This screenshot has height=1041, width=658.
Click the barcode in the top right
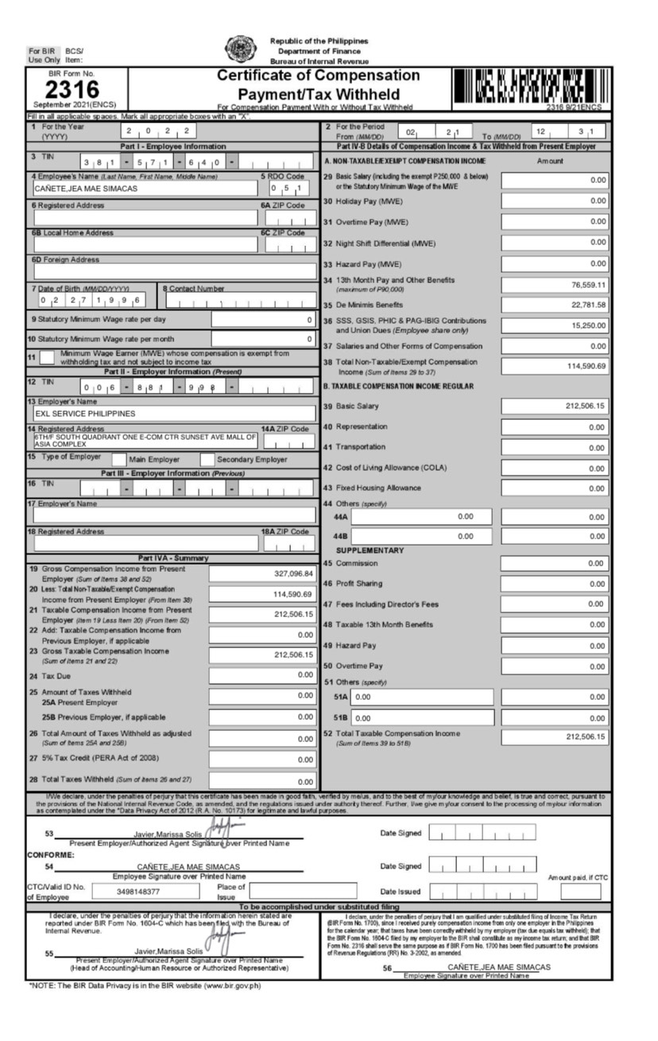pyautogui.click(x=532, y=86)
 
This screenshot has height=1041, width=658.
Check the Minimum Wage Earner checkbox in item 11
pyautogui.click(x=47, y=358)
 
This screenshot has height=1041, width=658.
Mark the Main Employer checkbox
pyautogui.click(x=118, y=459)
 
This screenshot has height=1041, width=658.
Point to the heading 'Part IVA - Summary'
pyautogui.click(x=173, y=558)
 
